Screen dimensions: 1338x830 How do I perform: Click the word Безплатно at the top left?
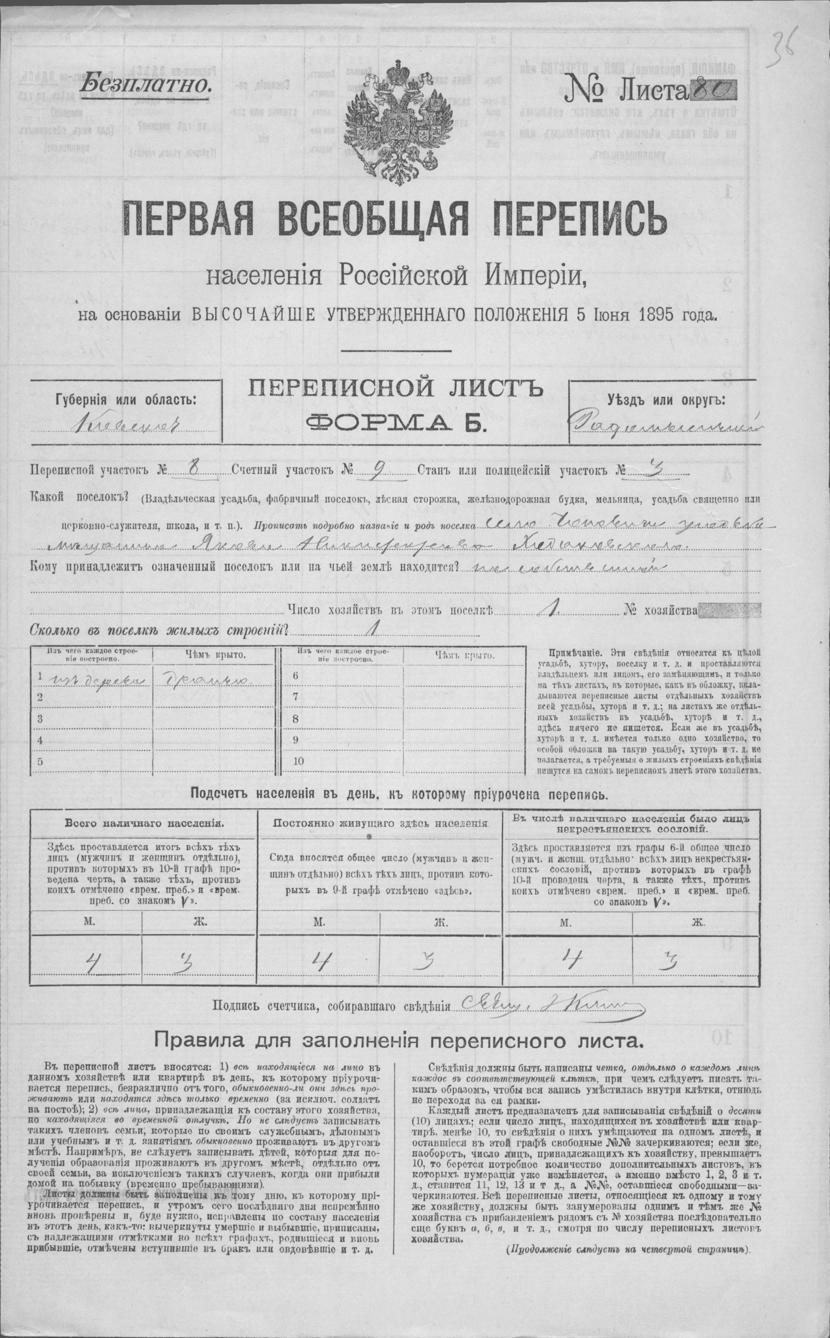(144, 83)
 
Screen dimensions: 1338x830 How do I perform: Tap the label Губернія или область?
(125, 399)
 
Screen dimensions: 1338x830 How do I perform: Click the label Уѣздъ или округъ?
(666, 399)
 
